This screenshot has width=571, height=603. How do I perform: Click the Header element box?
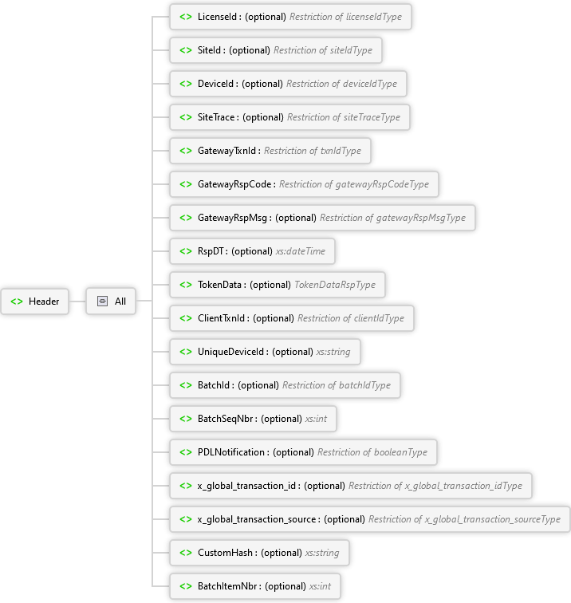tap(37, 301)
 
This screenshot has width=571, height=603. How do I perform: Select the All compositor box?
tap(112, 301)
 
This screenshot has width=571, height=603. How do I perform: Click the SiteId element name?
tap(211, 50)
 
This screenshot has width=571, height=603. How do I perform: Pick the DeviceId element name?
tap(217, 84)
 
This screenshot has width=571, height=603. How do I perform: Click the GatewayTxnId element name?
tap(227, 151)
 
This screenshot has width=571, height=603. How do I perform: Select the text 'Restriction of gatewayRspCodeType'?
tap(354, 184)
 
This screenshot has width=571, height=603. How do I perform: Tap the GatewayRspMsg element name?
tap(234, 218)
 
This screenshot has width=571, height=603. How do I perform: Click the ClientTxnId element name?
tap(222, 318)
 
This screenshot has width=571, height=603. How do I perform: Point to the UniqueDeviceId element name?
tap(232, 352)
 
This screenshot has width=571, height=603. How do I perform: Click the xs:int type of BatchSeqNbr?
tap(316, 419)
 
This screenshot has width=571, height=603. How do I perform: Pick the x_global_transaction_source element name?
tap(258, 519)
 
